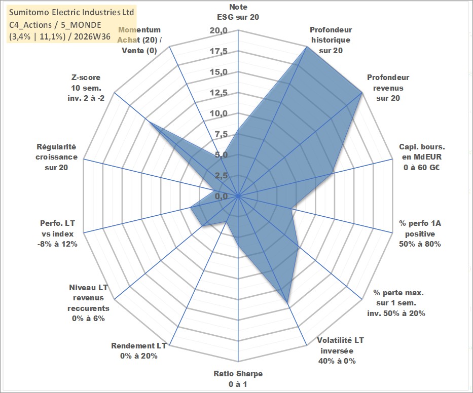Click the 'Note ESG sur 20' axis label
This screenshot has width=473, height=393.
click(238, 12)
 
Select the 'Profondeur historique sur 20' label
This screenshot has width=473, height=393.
click(331, 40)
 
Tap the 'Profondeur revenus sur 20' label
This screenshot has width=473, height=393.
click(388, 88)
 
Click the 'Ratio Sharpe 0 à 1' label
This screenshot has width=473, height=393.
click(238, 379)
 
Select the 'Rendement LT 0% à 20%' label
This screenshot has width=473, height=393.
click(139, 351)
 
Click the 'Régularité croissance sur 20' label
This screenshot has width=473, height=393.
click(56, 157)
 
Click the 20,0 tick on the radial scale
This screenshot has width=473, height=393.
click(219, 31)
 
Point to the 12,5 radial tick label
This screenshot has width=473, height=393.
click(219, 93)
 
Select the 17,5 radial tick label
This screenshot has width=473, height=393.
click(219, 52)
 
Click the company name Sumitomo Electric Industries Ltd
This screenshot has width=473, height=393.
click(71, 12)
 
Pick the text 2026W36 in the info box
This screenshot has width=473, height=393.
click(92, 36)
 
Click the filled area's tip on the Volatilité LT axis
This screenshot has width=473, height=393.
click(287, 302)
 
